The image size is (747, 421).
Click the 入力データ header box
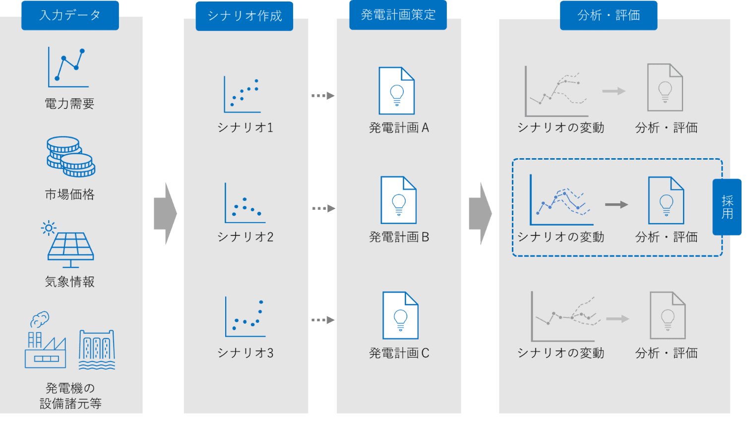click(x=70, y=15)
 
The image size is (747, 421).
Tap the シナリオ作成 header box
click(x=245, y=16)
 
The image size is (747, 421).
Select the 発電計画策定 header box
click(x=398, y=15)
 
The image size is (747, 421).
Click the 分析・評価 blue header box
click(x=609, y=15)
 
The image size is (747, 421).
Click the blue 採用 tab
click(x=727, y=207)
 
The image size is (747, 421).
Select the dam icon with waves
click(x=97, y=350)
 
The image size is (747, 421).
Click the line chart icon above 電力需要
click(x=68, y=67)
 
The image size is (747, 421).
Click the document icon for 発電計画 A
click(x=396, y=91)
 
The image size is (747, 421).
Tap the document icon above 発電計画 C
click(x=400, y=315)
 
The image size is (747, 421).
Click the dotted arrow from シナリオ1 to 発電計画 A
click(x=323, y=96)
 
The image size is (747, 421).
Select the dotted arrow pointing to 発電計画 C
click(x=323, y=320)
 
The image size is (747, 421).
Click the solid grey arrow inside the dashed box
click(x=617, y=204)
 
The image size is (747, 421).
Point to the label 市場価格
click(x=69, y=194)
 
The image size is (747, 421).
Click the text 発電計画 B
click(x=399, y=237)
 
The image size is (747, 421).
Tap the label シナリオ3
click(x=245, y=353)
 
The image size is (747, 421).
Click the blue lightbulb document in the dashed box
click(x=666, y=200)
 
